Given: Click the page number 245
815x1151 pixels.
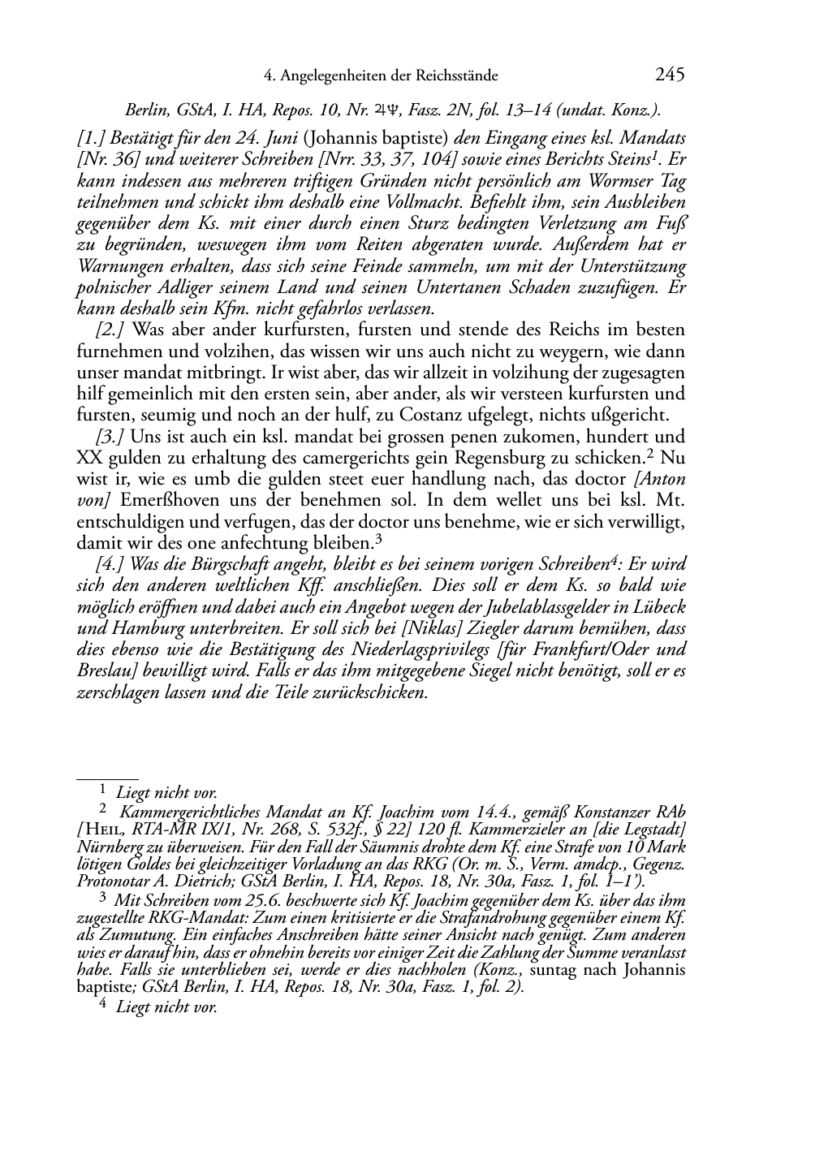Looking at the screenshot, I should pos(670,75).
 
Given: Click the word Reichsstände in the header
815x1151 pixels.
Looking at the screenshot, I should pos(457,76).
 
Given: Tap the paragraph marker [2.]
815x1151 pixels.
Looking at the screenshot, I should pos(111,330).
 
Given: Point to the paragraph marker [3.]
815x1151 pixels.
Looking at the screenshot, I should pos(111,436).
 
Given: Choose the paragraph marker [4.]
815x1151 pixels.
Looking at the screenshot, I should pos(111,564).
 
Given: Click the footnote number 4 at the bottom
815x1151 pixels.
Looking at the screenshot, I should pos(101,1006).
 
